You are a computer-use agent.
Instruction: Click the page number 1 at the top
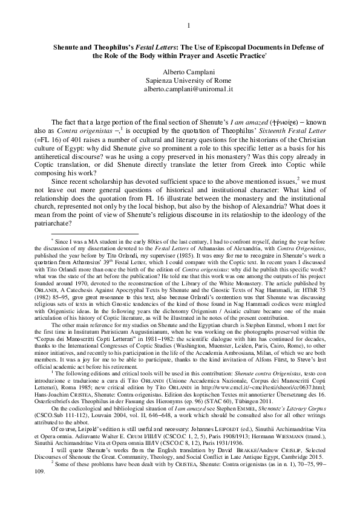click(x=189, y=25)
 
